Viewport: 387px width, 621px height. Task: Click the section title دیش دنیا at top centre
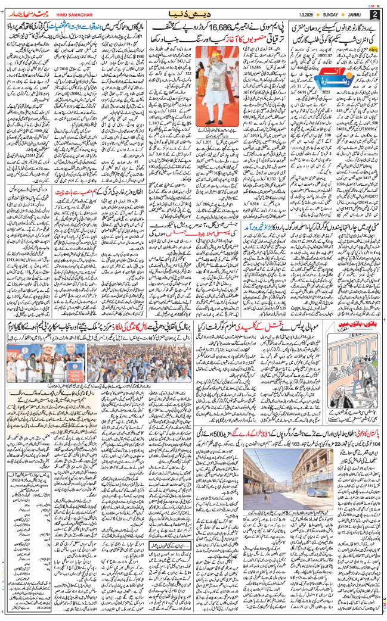tap(194, 12)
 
